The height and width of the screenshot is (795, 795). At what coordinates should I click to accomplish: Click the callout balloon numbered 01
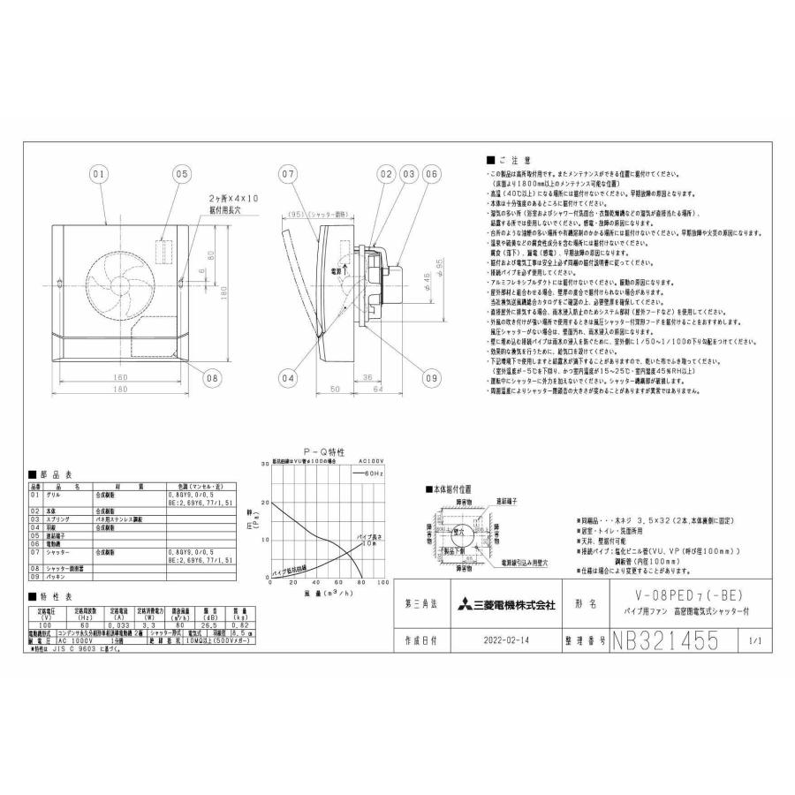(99, 175)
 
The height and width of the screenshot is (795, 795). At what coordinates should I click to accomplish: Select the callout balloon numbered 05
(181, 175)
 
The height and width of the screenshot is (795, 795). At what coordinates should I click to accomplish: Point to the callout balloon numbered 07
(286, 175)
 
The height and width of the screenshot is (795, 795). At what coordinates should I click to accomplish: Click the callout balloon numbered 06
(430, 175)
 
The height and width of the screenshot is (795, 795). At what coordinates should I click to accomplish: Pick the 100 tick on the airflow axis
(382, 585)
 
